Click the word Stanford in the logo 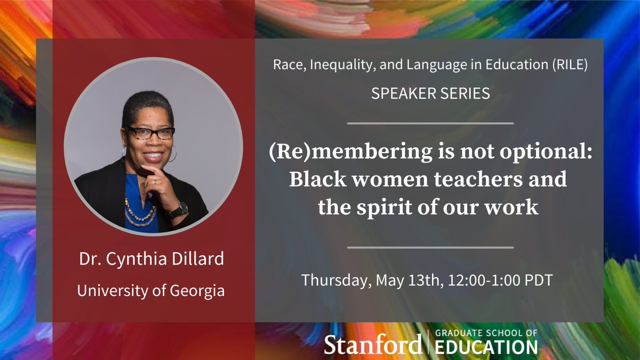pyautogui.click(x=373, y=345)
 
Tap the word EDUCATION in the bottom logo pyautogui.click(x=486, y=348)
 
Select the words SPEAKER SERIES pyautogui.click(x=430, y=94)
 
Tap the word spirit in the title pyautogui.click(x=388, y=207)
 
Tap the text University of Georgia pyautogui.click(x=151, y=291)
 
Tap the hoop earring pyautogui.click(x=173, y=155)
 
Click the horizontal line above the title pyautogui.click(x=430, y=123)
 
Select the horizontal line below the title pyautogui.click(x=430, y=247)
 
